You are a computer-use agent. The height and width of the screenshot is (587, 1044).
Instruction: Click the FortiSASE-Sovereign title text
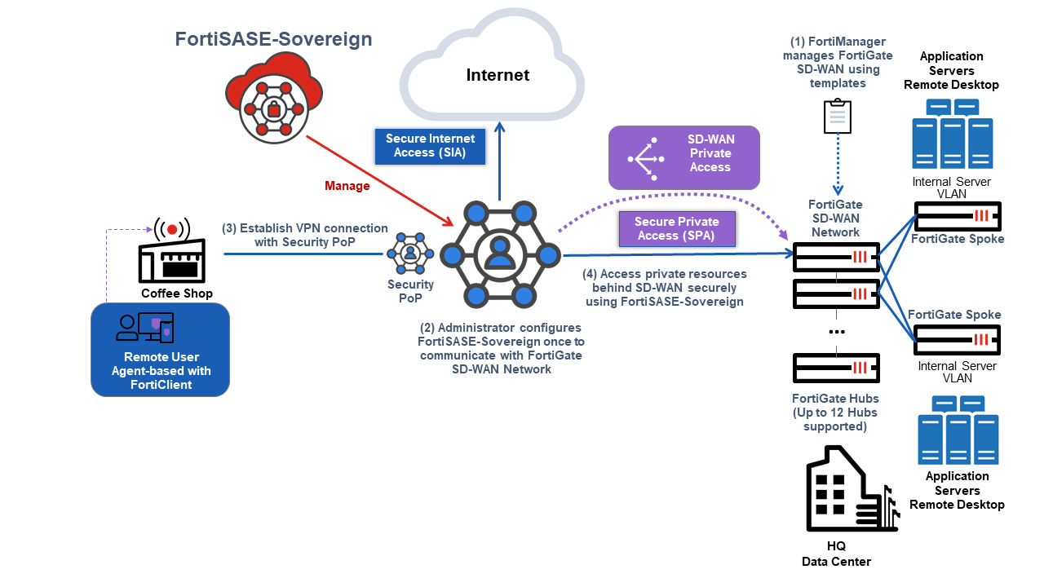[273, 39]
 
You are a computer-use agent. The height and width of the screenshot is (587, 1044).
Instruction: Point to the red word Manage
[347, 186]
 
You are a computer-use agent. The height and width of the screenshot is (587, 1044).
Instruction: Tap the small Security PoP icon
[409, 254]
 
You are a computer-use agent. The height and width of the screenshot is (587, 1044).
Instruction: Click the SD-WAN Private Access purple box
[684, 154]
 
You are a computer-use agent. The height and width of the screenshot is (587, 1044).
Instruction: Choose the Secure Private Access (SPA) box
[677, 229]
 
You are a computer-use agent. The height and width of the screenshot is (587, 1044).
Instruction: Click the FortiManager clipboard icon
[838, 117]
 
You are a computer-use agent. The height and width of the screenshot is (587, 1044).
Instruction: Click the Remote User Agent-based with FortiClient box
[161, 350]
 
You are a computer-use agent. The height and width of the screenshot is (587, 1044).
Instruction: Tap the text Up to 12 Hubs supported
[835, 419]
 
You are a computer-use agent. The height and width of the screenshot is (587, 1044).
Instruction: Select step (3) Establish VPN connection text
[305, 235]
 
